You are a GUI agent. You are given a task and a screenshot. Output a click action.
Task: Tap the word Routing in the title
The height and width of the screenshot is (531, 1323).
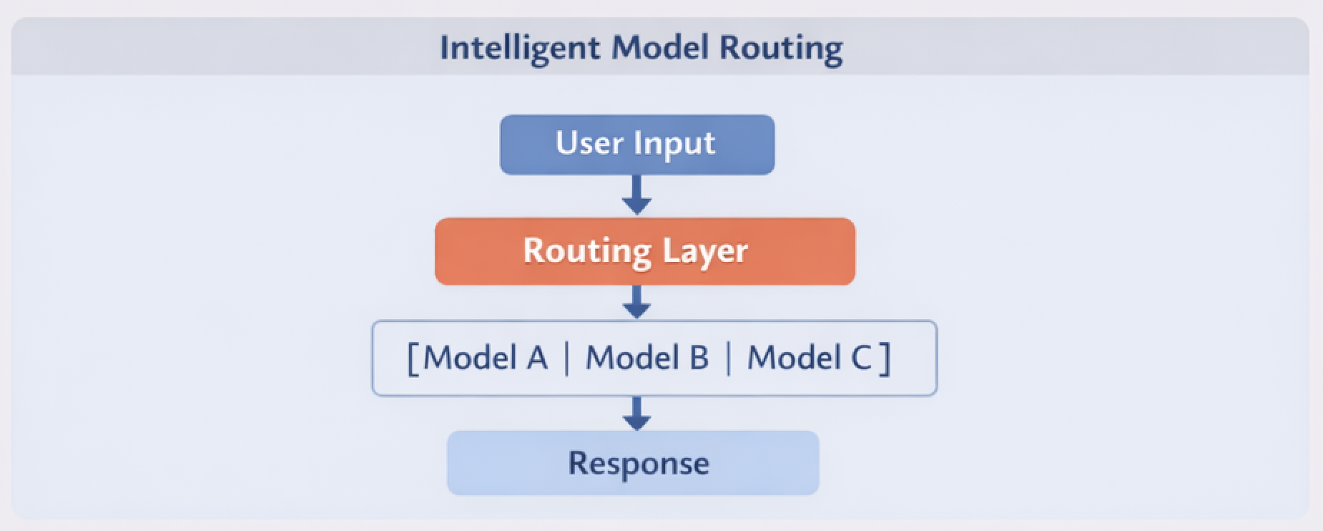[781, 48]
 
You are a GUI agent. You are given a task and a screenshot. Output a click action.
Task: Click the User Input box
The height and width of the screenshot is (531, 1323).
[636, 145]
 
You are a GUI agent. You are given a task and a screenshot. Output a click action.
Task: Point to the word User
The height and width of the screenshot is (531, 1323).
[589, 142]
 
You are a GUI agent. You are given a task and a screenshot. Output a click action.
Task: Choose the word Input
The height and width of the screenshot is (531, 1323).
[674, 144]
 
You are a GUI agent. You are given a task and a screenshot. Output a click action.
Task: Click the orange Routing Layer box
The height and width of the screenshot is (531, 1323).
[644, 251]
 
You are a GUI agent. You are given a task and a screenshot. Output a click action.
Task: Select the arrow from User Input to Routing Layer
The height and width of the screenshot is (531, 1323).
[636, 195]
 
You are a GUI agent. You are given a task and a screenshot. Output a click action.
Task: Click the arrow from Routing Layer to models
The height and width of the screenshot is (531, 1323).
[636, 302]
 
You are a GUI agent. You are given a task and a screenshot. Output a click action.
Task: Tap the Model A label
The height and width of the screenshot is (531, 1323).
[486, 358]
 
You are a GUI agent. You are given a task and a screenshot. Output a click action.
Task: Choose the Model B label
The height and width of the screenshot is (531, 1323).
[647, 358]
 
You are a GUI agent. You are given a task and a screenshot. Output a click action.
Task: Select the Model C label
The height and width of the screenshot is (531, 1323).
[810, 358]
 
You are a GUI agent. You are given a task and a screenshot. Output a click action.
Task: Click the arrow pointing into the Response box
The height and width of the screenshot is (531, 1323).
[636, 413]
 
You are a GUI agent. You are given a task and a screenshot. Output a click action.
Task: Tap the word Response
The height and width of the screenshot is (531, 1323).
[639, 463]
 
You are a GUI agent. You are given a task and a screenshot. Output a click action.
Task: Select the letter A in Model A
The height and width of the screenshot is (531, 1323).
[537, 358]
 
